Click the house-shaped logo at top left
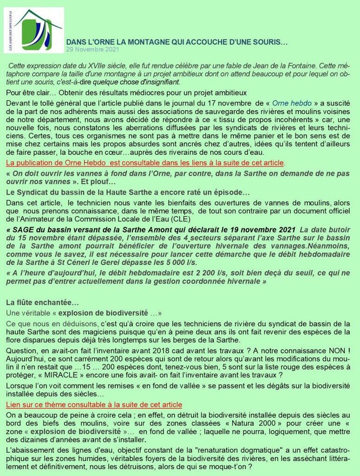(x=38, y=30)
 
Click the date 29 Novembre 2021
(x=93, y=49)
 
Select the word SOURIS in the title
(x=269, y=42)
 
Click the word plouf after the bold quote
(x=94, y=181)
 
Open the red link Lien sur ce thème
(x=94, y=405)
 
